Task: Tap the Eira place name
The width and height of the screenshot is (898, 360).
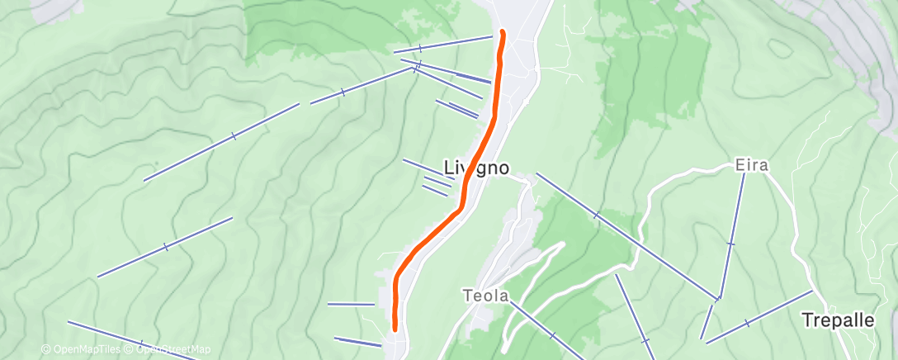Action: [751, 165]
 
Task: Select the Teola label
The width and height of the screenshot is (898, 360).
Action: [484, 295]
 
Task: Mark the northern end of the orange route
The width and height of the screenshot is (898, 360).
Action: [502, 32]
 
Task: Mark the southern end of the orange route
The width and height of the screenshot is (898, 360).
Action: [395, 328]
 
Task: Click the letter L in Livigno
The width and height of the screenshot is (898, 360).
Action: [450, 168]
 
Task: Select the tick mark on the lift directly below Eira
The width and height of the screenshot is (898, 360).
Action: [730, 244]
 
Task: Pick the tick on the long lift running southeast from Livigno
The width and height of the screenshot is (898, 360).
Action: [596, 215]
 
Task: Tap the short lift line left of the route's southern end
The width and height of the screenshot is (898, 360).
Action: [351, 305]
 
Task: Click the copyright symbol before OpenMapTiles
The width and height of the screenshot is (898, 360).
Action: [45, 350]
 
